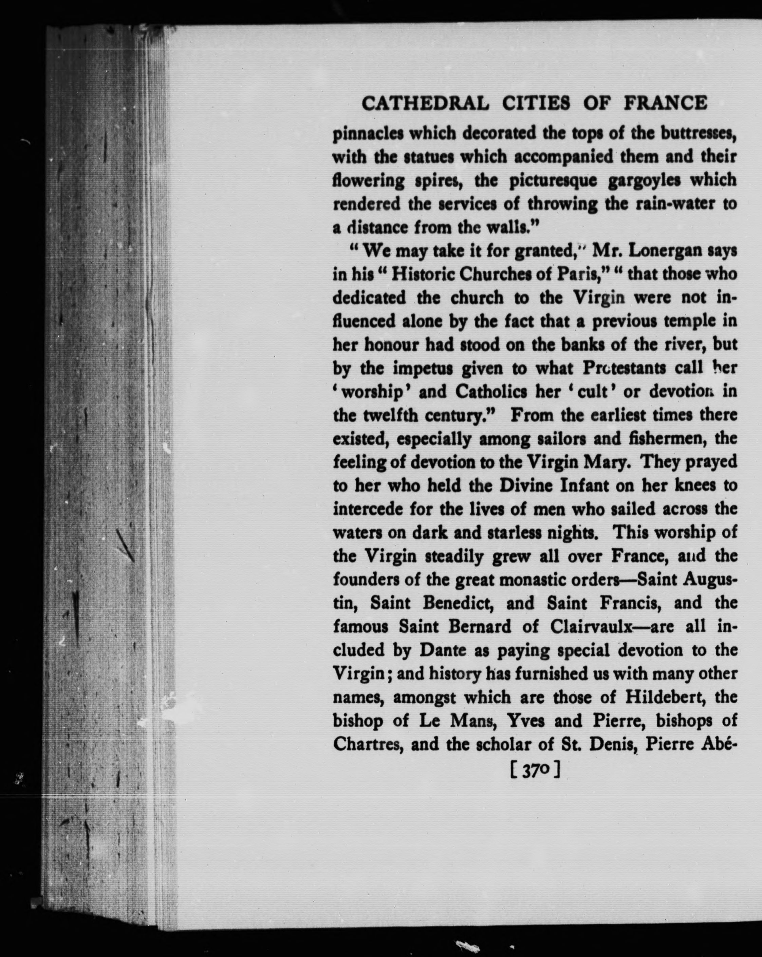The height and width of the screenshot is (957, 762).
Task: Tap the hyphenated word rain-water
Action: tap(675, 204)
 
